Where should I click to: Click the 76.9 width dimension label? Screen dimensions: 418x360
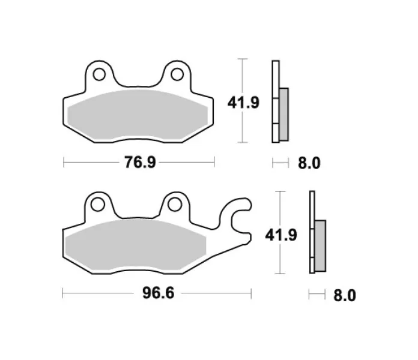click(x=140, y=162)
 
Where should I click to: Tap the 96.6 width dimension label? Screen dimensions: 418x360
click(x=158, y=293)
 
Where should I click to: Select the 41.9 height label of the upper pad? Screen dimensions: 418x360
click(x=243, y=103)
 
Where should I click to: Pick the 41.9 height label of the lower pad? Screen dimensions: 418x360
click(x=281, y=235)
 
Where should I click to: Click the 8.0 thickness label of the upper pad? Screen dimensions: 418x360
click(x=309, y=163)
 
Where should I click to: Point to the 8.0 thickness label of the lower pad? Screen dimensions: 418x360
click(x=345, y=295)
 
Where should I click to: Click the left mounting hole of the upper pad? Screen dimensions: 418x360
click(x=99, y=74)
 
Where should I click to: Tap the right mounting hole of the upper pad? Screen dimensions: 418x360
click(x=177, y=74)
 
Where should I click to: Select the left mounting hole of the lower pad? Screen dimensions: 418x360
click(x=97, y=205)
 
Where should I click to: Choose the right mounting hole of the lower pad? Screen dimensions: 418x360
click(x=175, y=205)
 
